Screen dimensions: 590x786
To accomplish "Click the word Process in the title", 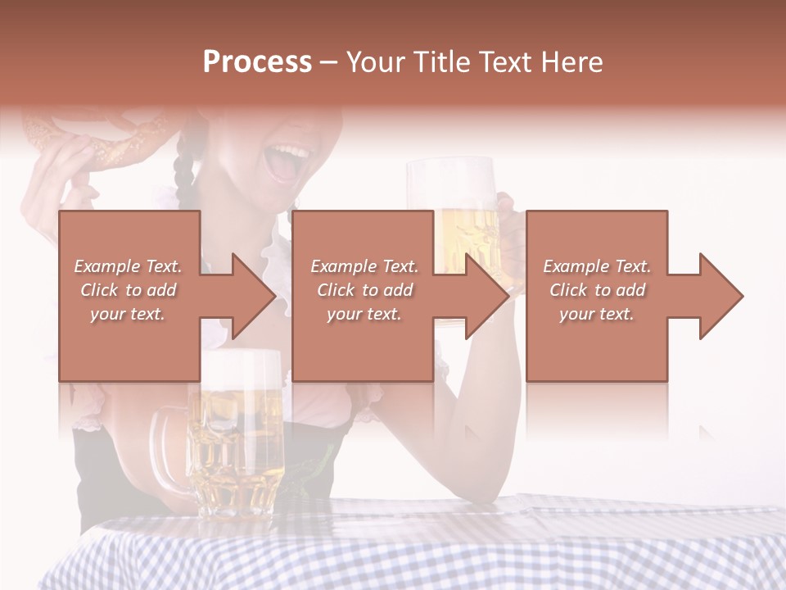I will click(x=257, y=62).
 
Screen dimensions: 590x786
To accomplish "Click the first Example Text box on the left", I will click(x=129, y=296).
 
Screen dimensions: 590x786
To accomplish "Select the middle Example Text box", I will click(x=363, y=296).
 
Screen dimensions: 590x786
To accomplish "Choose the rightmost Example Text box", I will click(x=596, y=296).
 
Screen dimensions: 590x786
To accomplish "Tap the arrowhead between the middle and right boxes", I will click(x=486, y=296).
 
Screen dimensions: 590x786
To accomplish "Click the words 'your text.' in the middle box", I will click(x=364, y=314).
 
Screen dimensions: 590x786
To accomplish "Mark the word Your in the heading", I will click(x=377, y=62).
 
